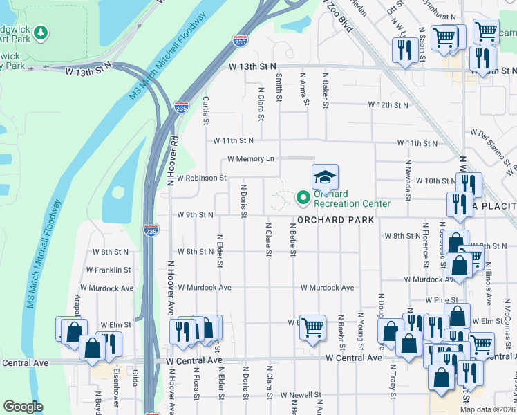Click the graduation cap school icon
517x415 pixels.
[325, 177]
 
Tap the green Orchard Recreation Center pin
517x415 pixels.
[303, 199]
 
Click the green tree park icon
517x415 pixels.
[41, 33]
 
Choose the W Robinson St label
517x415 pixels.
[202, 178]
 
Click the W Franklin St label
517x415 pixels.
[109, 270]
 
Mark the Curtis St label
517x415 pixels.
[205, 111]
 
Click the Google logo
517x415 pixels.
[23, 406]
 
